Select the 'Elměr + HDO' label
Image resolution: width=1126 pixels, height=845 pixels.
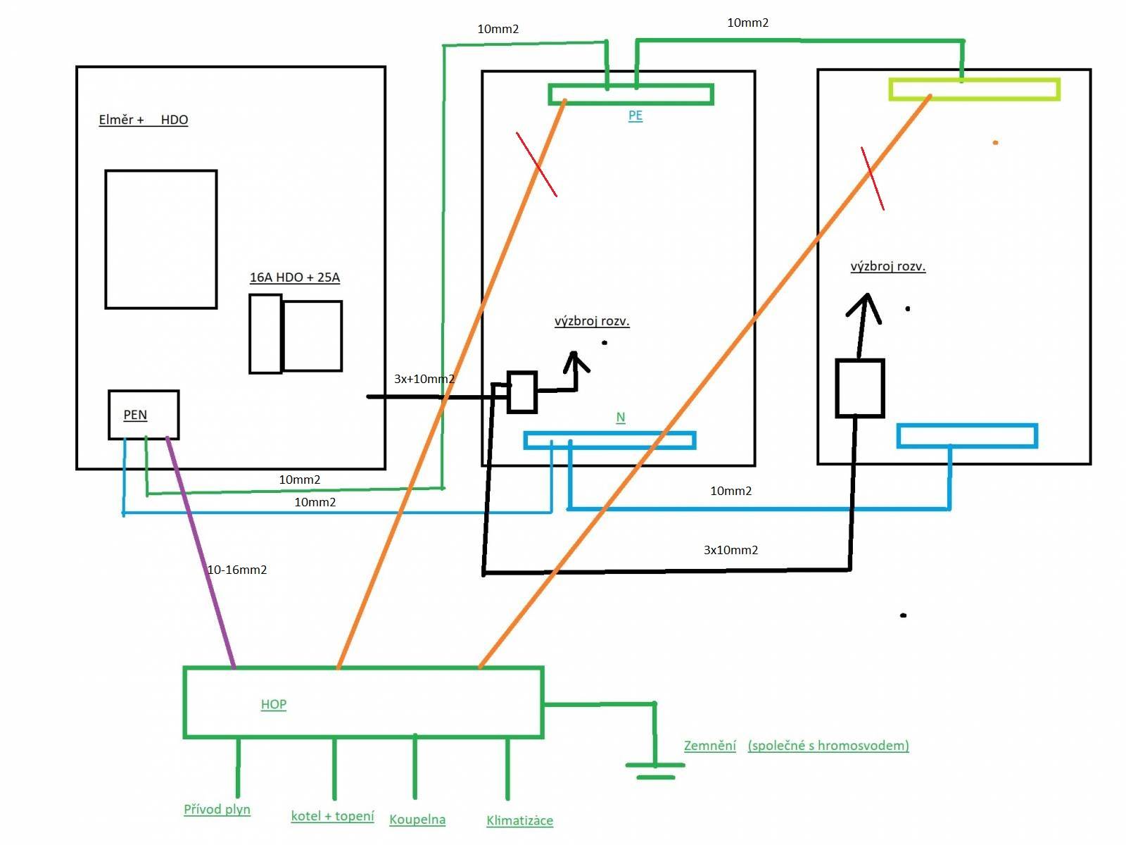pyautogui.click(x=143, y=120)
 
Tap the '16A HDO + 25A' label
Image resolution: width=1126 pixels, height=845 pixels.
pyautogui.click(x=294, y=277)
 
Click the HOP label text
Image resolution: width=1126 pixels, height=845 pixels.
pyautogui.click(x=274, y=704)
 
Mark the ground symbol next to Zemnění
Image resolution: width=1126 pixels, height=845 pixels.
pyautogui.click(x=655, y=765)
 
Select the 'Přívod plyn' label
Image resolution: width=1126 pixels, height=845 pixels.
pyautogui.click(x=217, y=810)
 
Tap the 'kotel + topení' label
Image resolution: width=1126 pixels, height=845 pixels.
pyautogui.click(x=332, y=815)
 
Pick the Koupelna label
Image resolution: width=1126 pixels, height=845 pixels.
pyautogui.click(x=417, y=820)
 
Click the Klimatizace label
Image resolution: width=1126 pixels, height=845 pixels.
pyautogui.click(x=519, y=820)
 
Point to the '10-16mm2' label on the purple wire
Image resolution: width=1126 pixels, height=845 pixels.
pyautogui.click(x=237, y=570)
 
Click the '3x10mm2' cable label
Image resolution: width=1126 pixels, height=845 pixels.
pyautogui.click(x=730, y=550)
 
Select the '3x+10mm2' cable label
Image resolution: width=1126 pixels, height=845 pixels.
pyautogui.click(x=424, y=379)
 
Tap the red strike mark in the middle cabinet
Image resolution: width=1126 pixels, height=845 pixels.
pyautogui.click(x=536, y=164)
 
